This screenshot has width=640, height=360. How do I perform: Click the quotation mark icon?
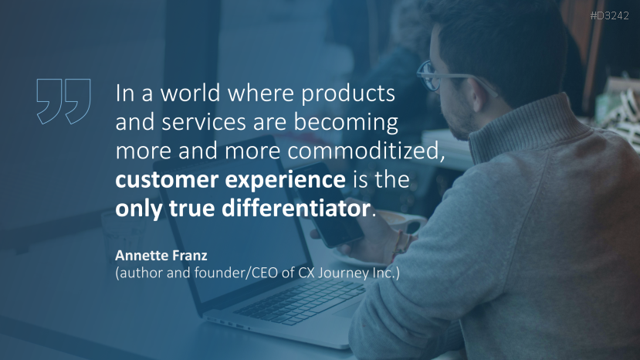pos(63,100)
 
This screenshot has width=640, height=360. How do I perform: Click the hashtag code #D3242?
pos(610,15)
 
